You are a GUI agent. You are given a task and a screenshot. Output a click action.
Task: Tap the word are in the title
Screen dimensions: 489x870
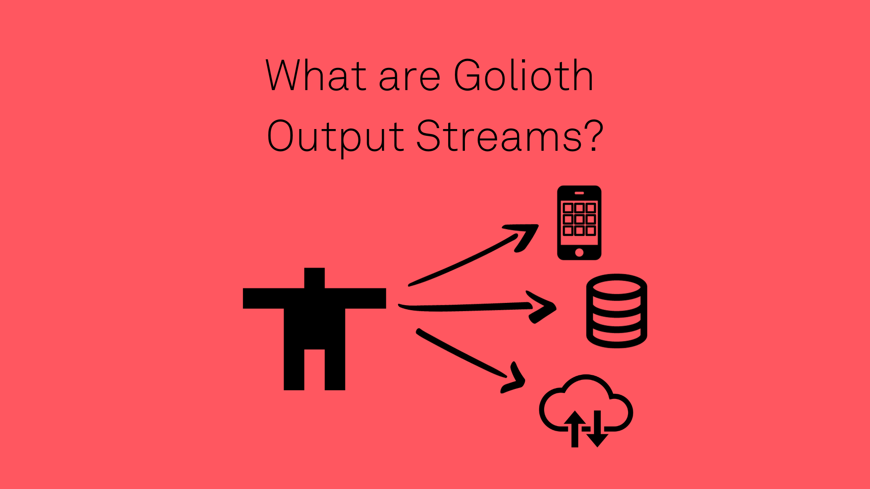click(409, 77)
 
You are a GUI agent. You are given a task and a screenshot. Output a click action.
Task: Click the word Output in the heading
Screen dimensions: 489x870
click(335, 137)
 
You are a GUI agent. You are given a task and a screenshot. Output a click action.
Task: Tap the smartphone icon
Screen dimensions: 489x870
click(579, 223)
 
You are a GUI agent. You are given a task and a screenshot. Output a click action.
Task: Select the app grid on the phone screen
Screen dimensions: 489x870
click(579, 219)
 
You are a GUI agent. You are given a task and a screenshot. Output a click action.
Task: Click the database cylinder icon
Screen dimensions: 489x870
click(617, 311)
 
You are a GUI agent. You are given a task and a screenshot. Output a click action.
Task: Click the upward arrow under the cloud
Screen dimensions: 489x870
click(575, 428)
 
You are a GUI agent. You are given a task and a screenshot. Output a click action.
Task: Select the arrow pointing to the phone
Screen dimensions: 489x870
click(471, 256)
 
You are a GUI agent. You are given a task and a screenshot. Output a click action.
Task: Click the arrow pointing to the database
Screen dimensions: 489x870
click(476, 307)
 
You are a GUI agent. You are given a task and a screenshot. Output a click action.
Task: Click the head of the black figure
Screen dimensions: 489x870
click(314, 278)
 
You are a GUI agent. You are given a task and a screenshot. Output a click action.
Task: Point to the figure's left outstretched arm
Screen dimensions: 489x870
click(263, 298)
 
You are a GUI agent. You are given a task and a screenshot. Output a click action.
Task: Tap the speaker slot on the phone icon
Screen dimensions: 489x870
click(579, 193)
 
